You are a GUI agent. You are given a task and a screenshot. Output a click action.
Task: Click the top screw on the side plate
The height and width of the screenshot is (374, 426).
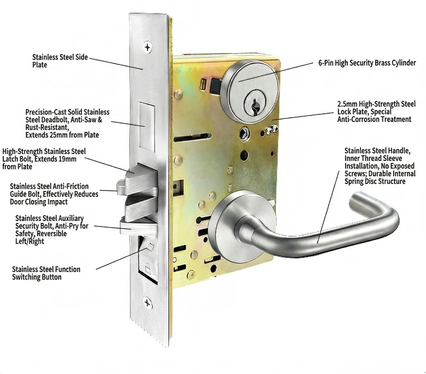click(x=148, y=47)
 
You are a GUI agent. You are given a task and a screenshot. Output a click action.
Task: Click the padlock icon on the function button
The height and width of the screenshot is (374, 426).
click(x=147, y=268)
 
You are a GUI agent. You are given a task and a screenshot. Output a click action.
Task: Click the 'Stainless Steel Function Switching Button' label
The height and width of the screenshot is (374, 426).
click(x=46, y=273)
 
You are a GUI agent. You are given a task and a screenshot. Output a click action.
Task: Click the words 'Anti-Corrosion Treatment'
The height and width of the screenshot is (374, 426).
click(x=374, y=119)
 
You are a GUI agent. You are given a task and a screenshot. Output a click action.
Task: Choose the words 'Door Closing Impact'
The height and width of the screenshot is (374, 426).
click(x=39, y=202)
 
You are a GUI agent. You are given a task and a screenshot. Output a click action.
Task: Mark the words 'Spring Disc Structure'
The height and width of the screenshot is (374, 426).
click(x=375, y=181)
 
